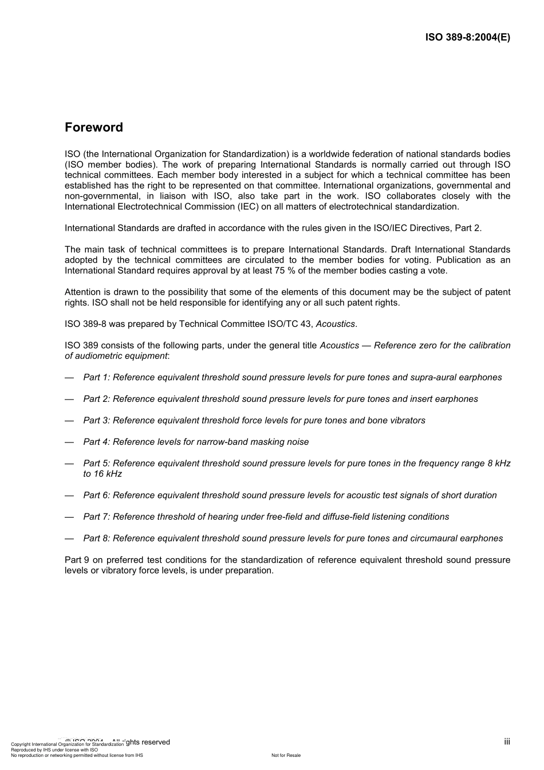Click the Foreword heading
tap(93, 127)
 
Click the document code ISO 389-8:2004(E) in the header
tap(467, 38)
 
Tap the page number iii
tap(507, 741)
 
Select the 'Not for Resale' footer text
tap(286, 755)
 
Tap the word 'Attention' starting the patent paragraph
tap(82, 292)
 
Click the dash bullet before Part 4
tap(69, 442)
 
